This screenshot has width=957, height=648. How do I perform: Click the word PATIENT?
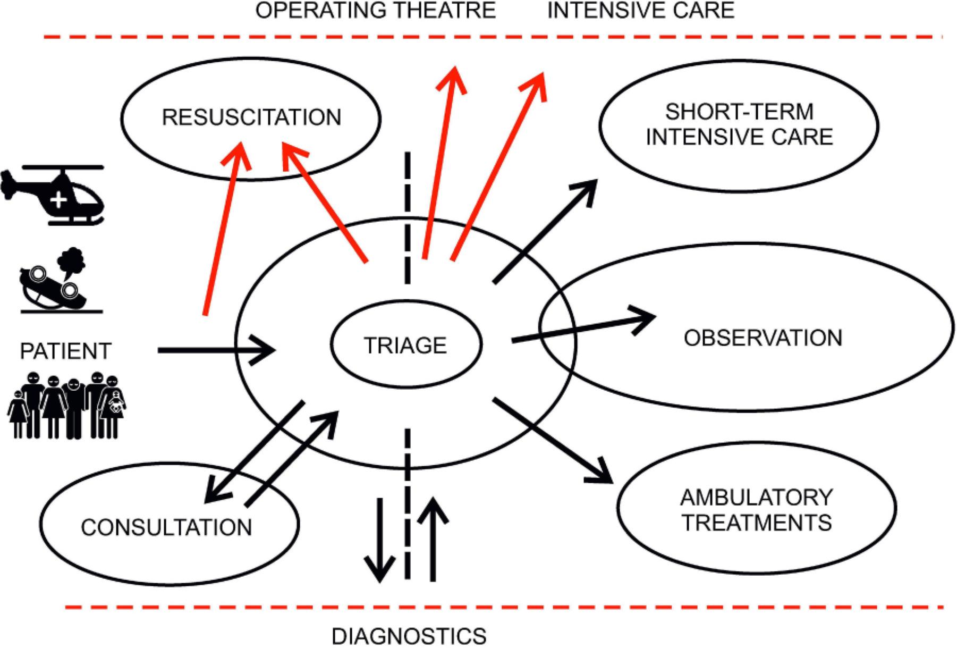coord(65,351)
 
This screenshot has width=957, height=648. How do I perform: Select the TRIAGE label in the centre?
coord(405,346)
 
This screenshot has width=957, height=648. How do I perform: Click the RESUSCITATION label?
coord(251,117)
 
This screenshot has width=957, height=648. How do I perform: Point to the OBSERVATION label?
coord(763,338)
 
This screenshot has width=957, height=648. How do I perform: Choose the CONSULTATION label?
coord(166,527)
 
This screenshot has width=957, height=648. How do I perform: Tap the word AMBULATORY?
coord(756,498)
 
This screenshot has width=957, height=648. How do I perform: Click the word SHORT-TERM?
coord(739,112)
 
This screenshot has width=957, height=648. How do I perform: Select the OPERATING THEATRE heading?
coord(376,11)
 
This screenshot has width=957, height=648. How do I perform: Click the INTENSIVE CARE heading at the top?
coord(641,11)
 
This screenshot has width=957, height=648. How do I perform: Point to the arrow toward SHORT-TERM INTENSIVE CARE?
coord(545,231)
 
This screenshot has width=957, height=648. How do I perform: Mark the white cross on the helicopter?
coord(58,200)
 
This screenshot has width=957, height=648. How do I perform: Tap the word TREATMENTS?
coord(757,523)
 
